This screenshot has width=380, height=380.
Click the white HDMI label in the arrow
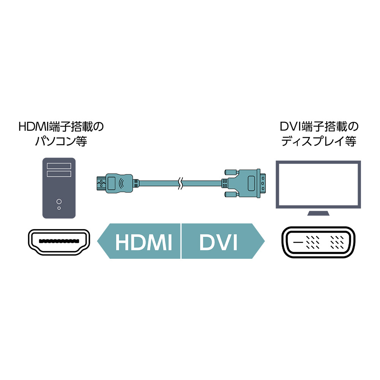coord(144,242)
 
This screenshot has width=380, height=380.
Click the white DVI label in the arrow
coord(218,242)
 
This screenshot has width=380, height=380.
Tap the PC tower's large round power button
coord(59,201)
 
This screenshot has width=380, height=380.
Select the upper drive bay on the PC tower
coord(59,166)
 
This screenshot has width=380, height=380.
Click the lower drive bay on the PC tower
coord(59,174)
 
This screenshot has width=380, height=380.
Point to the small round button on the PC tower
coord(59,208)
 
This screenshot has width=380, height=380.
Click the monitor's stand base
coord(318,213)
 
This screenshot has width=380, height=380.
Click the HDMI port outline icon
coord(59,242)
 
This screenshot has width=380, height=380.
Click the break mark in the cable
coord(180,184)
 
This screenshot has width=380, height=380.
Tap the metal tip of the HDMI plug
coord(101,184)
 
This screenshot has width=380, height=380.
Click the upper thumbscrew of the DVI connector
coord(231,172)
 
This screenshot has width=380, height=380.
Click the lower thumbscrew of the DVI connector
coord(231,194)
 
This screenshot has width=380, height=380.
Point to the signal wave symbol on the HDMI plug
coord(122,184)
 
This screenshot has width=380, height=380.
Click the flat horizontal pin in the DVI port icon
coord(298,242)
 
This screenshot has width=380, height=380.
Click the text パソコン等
coord(61,141)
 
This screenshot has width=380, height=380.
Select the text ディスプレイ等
coord(318,141)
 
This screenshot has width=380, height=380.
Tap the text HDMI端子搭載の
coord(61,127)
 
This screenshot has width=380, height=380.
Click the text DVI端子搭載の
coord(319,127)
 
